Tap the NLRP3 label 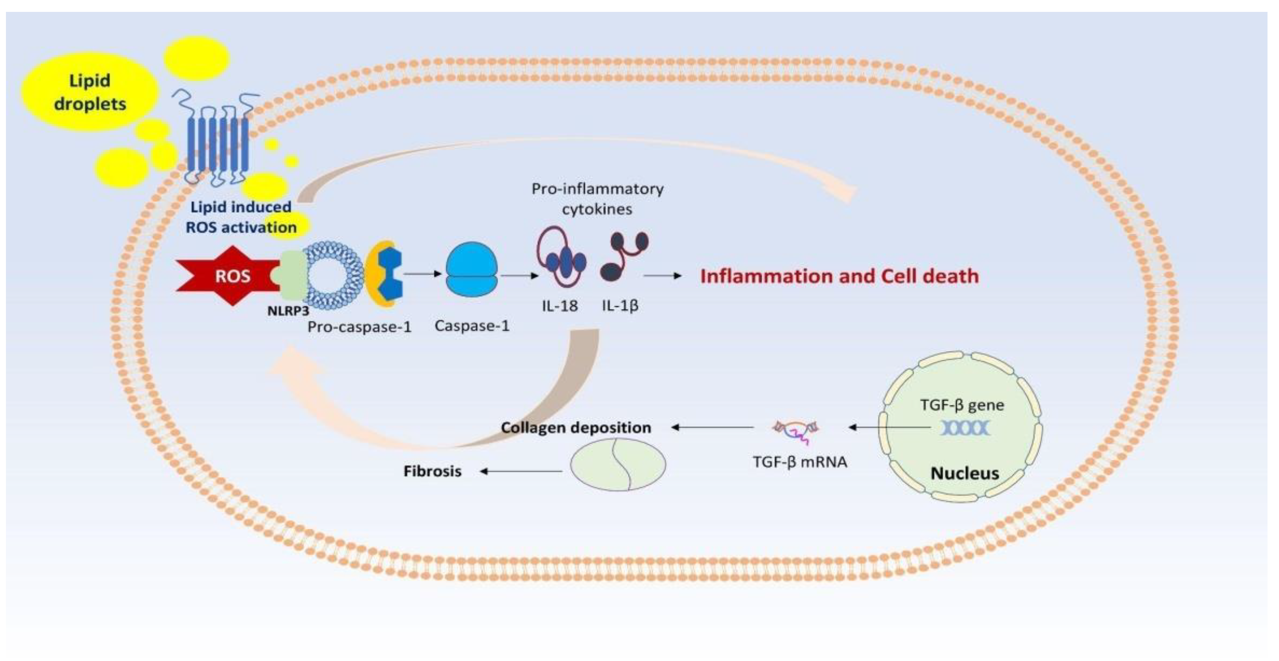point(288,311)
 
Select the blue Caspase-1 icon point(471,270)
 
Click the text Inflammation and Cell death point(839,276)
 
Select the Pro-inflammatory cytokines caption point(597,199)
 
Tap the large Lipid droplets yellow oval point(90,92)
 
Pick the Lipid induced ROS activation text point(241,217)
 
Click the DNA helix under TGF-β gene point(964,428)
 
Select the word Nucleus point(964,473)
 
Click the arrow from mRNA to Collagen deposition point(712,427)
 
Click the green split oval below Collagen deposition point(618,464)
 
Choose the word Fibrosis point(432,471)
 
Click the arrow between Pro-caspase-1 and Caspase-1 point(422,273)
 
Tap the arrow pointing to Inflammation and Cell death point(663,276)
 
